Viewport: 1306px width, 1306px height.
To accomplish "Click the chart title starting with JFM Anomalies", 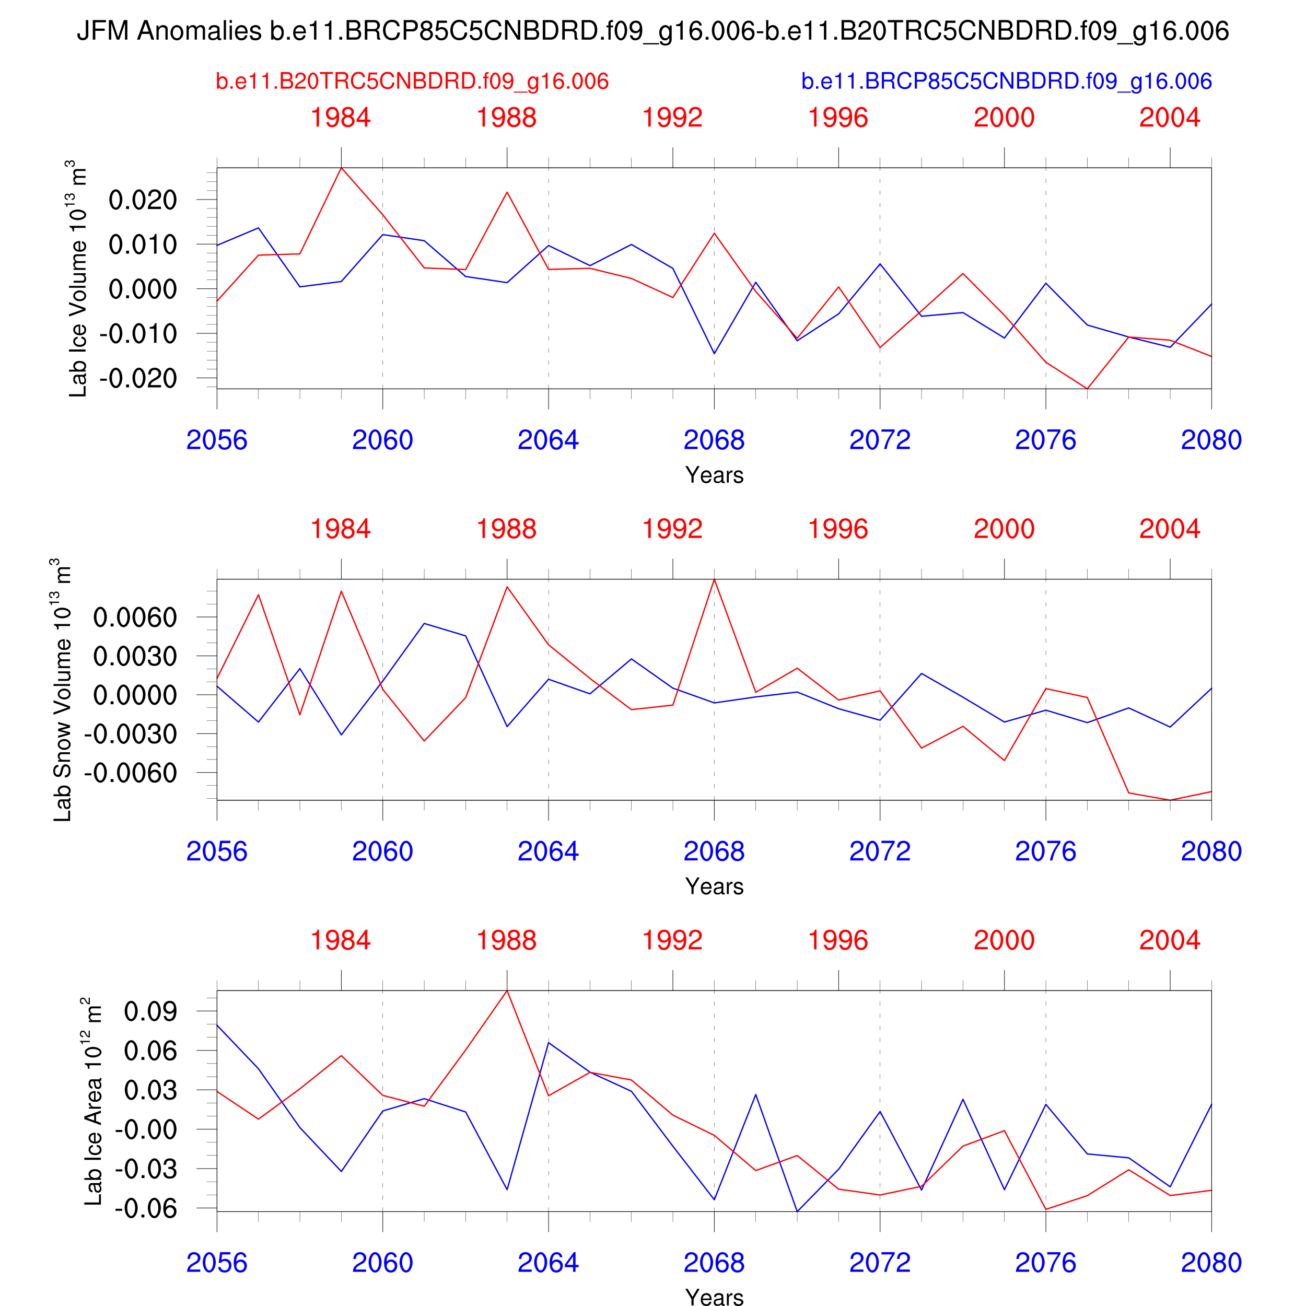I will pyautogui.click(x=652, y=31).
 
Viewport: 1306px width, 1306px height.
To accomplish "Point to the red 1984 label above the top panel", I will pyautogui.click(x=341, y=118).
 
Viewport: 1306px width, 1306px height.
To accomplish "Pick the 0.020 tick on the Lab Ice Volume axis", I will pyautogui.click(x=143, y=200).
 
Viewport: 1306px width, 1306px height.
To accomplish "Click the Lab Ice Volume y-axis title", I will pyautogui.click(x=78, y=278).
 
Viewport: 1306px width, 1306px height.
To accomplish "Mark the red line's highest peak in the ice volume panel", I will pyautogui.click(x=341, y=168).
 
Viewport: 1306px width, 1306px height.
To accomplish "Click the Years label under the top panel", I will pyautogui.click(x=714, y=475).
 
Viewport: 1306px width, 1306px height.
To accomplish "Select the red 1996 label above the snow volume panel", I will pyautogui.click(x=838, y=529).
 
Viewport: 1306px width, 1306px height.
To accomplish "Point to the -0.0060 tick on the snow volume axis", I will pyautogui.click(x=131, y=773).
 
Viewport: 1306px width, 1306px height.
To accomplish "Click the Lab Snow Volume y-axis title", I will pyautogui.click(x=63, y=690).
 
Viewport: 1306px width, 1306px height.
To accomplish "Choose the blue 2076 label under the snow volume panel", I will pyautogui.click(x=1045, y=851).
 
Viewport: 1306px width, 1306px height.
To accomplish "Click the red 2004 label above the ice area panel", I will pyautogui.click(x=1170, y=940).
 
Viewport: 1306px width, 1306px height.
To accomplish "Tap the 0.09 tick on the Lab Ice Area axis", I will pyautogui.click(x=150, y=1011).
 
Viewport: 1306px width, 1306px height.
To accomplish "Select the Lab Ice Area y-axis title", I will pyautogui.click(x=94, y=1101).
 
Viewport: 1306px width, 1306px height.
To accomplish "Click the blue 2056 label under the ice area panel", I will pyautogui.click(x=217, y=1263).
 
